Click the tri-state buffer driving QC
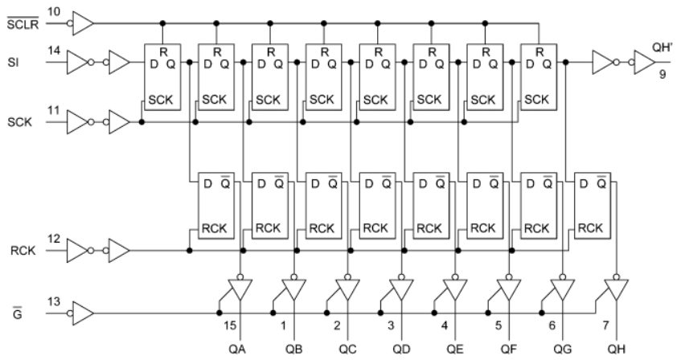[x=347, y=288]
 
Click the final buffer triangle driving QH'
[x=644, y=61]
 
